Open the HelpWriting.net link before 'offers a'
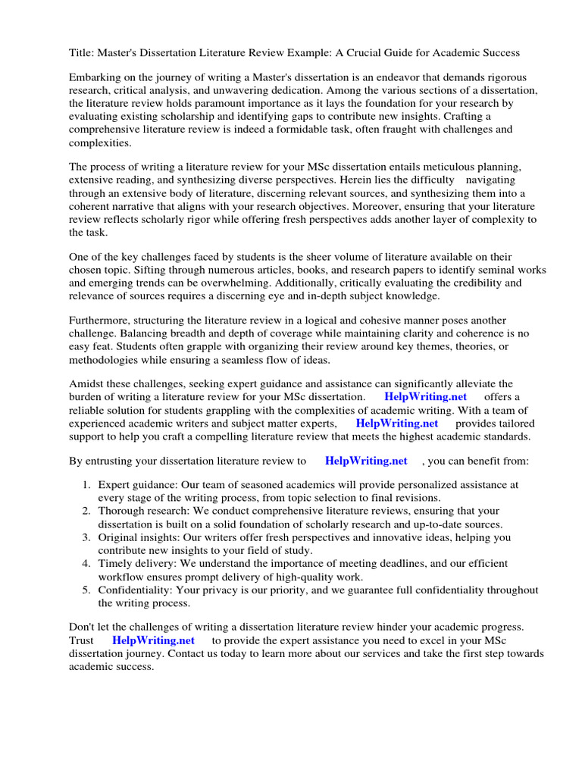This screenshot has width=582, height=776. click(426, 397)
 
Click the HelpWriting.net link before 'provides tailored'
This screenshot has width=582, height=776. click(397, 423)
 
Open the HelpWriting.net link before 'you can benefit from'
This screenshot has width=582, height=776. click(366, 461)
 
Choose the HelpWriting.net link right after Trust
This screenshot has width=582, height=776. click(153, 640)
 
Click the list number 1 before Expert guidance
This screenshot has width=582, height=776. click(86, 485)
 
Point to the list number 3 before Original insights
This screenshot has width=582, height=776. click(86, 537)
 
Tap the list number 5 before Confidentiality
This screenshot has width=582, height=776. click(86, 590)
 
